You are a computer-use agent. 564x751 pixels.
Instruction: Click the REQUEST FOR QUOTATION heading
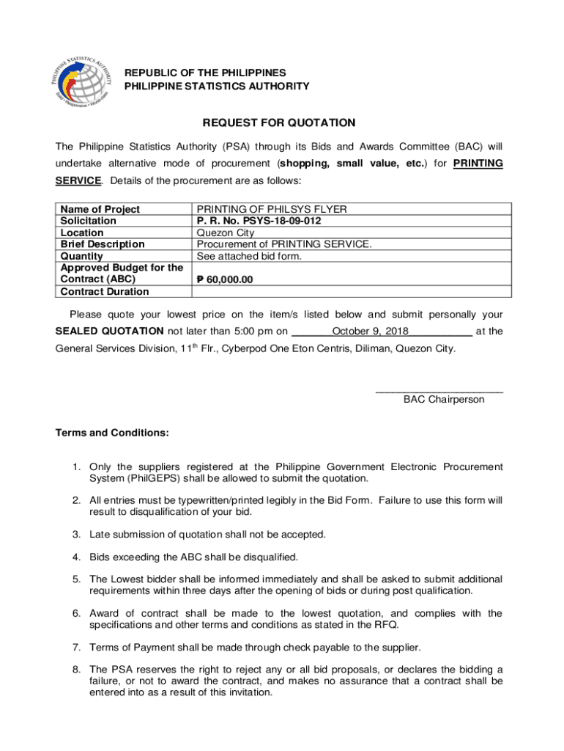(279, 123)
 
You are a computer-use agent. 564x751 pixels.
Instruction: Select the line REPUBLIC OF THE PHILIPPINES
(204, 73)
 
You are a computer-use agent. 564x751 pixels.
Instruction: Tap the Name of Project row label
(100, 209)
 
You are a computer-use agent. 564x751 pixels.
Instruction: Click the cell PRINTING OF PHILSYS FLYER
(271, 209)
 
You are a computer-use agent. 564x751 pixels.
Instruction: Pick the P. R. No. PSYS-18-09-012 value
(259, 221)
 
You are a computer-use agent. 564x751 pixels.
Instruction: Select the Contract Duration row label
(105, 291)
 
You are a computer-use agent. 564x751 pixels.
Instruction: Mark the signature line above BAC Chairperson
(439, 390)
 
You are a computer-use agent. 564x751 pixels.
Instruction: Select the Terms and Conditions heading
(112, 433)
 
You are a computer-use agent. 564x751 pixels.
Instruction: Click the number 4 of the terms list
(75, 557)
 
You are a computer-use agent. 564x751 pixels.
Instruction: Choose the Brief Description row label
(103, 244)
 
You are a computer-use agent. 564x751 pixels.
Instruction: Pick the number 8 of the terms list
(75, 669)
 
